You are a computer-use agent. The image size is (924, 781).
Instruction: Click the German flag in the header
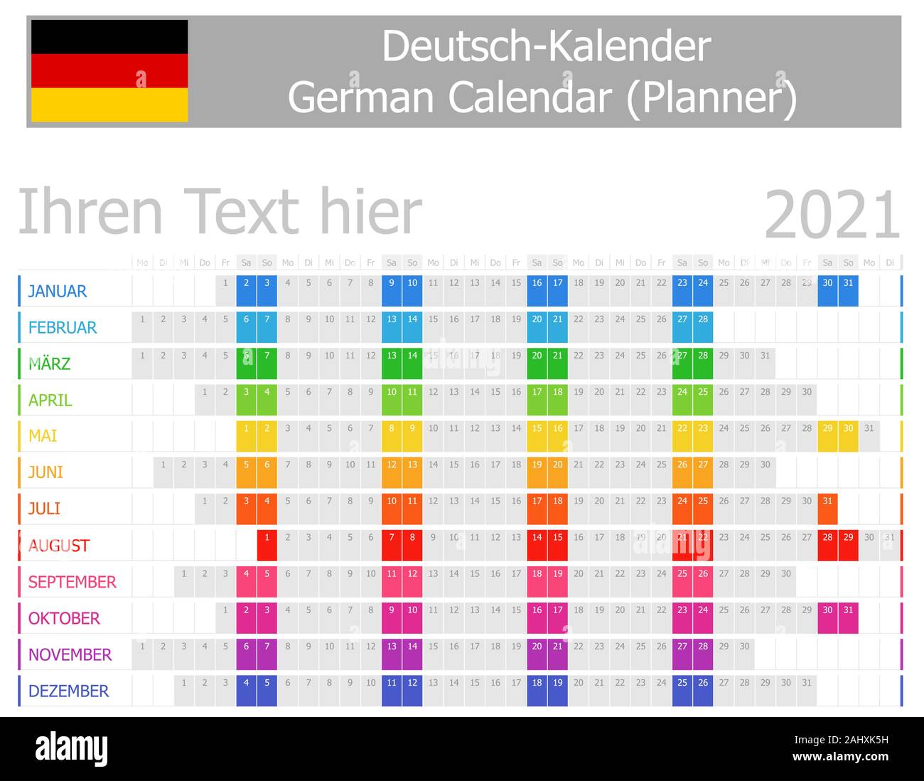click(x=109, y=71)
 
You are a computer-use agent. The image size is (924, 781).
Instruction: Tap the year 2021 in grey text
click(x=832, y=216)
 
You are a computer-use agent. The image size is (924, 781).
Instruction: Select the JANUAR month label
click(x=57, y=291)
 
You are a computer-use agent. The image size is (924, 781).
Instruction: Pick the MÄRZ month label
click(x=49, y=363)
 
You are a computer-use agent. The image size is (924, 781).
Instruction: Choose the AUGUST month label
click(x=58, y=546)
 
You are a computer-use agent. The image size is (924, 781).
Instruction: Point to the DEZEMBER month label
click(x=68, y=691)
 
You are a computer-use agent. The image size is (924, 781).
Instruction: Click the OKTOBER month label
click(x=64, y=618)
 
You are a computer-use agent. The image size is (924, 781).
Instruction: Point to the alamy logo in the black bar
click(x=71, y=749)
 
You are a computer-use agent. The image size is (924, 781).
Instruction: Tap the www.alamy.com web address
click(x=840, y=757)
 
